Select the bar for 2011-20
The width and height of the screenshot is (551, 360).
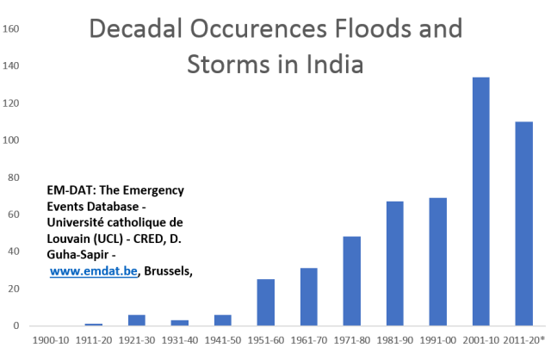coord(523,223)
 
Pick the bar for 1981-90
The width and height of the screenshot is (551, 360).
coord(394,263)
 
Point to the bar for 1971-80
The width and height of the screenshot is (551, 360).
coord(351,280)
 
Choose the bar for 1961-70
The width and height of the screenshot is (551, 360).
coord(308,296)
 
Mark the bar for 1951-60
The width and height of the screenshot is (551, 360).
coord(265,301)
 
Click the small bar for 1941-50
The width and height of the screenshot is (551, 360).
coord(222,320)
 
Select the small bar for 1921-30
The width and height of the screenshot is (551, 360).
coord(136,320)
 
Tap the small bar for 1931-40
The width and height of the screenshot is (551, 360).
coord(179,322)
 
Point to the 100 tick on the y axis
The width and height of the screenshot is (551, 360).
coord(11,140)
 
